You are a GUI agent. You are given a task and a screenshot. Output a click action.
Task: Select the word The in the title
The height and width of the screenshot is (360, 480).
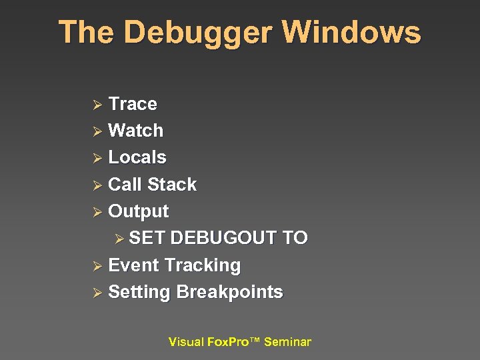tap(84, 33)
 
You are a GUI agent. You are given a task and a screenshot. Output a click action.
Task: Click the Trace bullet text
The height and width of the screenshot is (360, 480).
tap(133, 104)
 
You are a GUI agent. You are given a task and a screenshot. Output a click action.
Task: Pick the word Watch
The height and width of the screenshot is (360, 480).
tap(135, 131)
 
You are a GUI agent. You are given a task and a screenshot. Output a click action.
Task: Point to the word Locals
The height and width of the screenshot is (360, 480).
tap(137, 157)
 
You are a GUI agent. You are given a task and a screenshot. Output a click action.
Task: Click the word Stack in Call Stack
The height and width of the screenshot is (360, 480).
tap(172, 185)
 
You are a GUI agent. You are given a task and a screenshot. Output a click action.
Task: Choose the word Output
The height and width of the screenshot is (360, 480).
tap(139, 212)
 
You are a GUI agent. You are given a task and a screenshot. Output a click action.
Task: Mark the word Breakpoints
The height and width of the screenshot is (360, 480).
tap(230, 293)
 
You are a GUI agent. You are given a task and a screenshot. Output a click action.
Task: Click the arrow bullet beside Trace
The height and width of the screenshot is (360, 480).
tap(97, 105)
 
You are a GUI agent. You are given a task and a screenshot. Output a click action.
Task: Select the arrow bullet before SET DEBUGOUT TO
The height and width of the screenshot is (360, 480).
tap(120, 239)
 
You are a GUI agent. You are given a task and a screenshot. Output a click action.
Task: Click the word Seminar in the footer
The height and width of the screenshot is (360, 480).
tap(287, 342)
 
